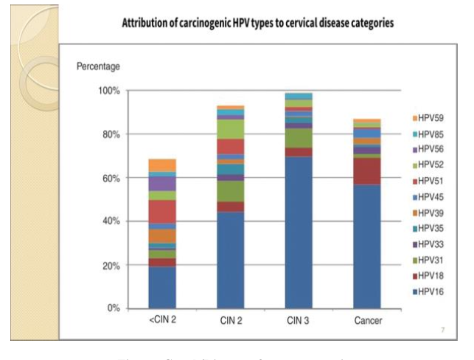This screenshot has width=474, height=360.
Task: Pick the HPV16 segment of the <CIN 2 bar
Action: click(x=162, y=287)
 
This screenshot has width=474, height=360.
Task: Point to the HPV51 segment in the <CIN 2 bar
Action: click(x=162, y=211)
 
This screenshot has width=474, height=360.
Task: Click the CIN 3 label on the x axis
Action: click(x=299, y=322)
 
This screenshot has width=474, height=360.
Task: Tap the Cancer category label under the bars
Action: click(x=366, y=322)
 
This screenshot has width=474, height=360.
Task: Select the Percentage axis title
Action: click(x=98, y=67)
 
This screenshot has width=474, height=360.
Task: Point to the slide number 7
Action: click(x=442, y=330)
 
